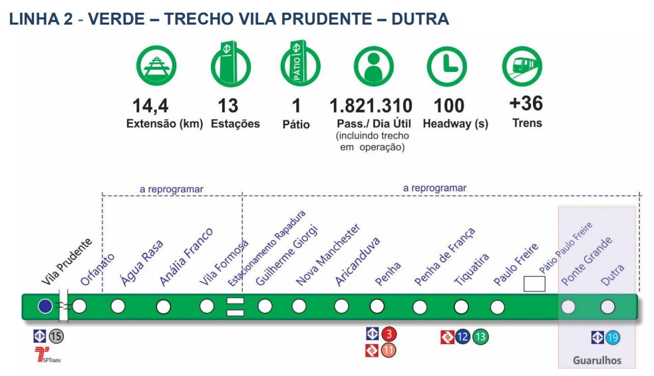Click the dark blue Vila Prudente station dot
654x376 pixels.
point(45,306)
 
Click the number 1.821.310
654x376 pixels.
point(371,106)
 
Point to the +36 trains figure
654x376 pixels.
point(526,104)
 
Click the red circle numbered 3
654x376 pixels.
point(389,333)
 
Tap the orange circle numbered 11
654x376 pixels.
point(389,350)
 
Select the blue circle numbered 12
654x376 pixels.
point(463,337)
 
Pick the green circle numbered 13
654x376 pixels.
point(480,337)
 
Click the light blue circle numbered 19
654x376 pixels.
point(613,337)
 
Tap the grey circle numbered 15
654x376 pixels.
point(57,337)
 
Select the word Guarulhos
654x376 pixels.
point(597,361)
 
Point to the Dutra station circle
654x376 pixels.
point(607,307)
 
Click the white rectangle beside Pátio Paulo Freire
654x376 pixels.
point(534,284)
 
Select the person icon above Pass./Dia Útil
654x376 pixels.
point(373,67)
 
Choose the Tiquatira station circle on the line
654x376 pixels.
point(461,307)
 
